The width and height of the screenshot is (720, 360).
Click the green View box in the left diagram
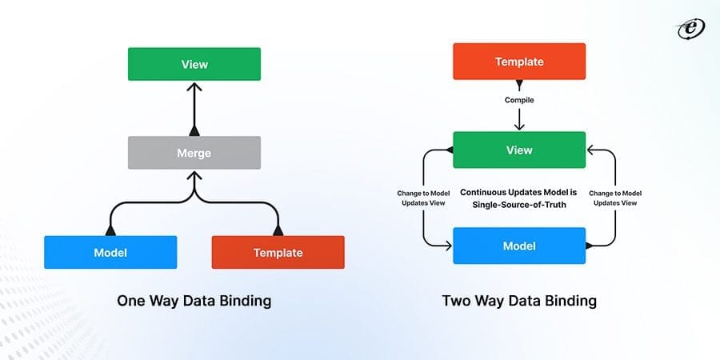194,63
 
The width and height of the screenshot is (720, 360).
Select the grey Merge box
194,152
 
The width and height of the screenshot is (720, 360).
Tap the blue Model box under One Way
110,252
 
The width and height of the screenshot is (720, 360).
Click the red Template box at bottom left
278,252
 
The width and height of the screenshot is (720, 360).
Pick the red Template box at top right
519,61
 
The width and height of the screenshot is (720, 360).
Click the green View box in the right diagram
519,150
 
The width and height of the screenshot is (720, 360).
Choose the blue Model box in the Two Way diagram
519,246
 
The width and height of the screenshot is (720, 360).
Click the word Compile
519,100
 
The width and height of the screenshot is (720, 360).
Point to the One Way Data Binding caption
194,302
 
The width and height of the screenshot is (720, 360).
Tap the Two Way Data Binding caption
519,302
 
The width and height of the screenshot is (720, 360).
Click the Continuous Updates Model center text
519,198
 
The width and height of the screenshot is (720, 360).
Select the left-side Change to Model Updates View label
422,198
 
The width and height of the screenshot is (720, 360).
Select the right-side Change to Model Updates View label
615,198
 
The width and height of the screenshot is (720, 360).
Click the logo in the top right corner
689,28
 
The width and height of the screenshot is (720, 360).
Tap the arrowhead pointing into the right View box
591,150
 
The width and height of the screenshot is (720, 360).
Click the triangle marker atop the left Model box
110,230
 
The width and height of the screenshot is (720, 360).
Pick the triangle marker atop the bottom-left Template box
278,230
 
